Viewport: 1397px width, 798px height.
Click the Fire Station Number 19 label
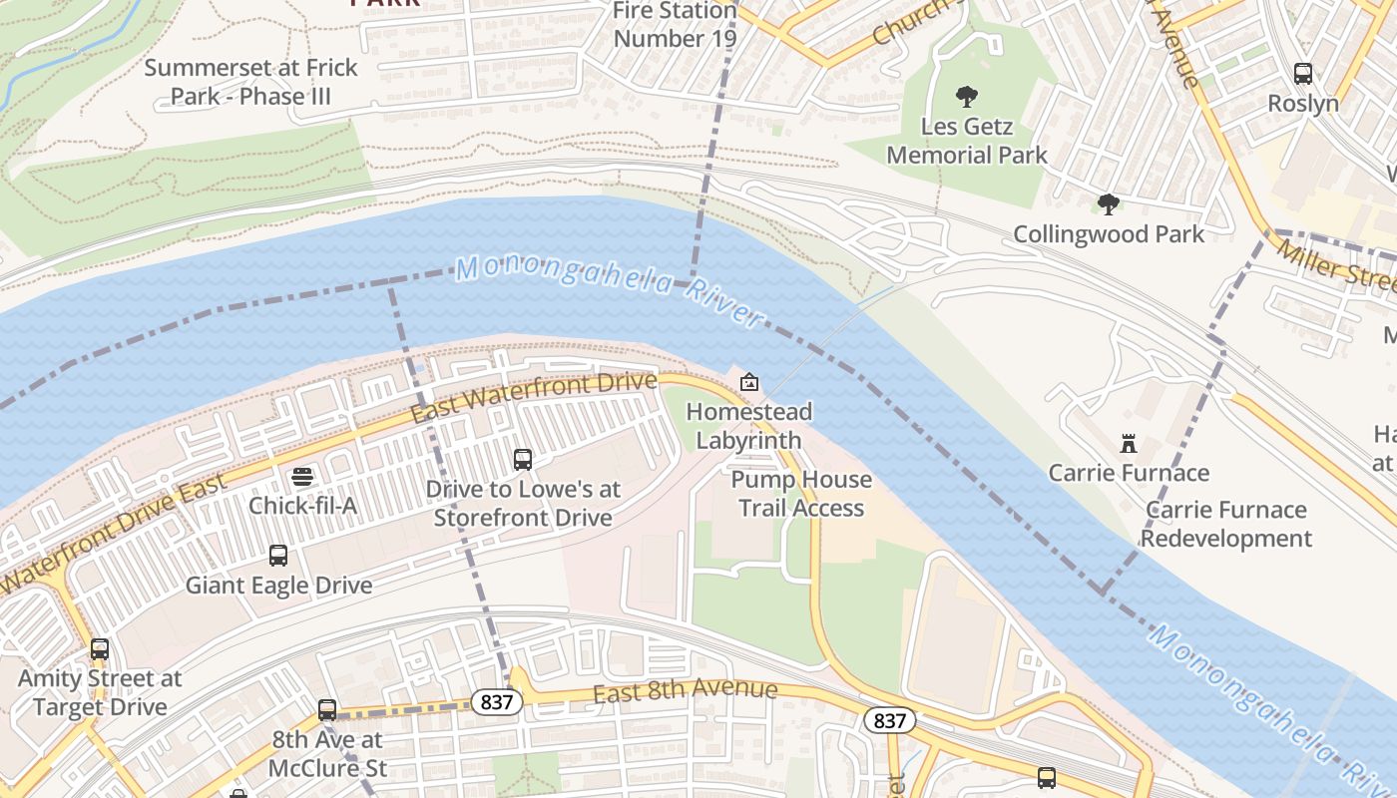(675, 25)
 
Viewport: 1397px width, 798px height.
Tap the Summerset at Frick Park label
(250, 83)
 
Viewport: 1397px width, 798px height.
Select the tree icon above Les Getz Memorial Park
(966, 97)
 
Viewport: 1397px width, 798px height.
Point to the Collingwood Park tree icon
(1108, 204)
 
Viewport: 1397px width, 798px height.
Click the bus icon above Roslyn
(1303, 73)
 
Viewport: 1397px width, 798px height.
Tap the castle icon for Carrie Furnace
(1129, 443)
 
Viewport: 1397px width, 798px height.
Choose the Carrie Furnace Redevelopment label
(1225, 524)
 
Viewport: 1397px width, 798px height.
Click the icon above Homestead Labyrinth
(749, 382)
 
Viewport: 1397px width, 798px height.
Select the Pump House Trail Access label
(801, 494)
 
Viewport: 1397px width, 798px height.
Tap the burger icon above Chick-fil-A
(302, 477)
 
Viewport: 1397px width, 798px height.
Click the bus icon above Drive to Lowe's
(523, 460)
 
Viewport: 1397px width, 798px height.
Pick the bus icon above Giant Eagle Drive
(278, 556)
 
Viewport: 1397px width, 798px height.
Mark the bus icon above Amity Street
(100, 649)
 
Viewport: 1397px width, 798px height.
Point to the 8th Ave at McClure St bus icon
(327, 710)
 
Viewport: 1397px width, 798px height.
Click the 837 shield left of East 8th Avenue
(495, 702)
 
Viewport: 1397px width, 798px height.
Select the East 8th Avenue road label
(685, 691)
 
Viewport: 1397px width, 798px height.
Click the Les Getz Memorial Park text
(967, 141)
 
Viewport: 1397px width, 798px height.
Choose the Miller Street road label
(1337, 264)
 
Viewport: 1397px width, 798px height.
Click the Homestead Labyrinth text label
(748, 426)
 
